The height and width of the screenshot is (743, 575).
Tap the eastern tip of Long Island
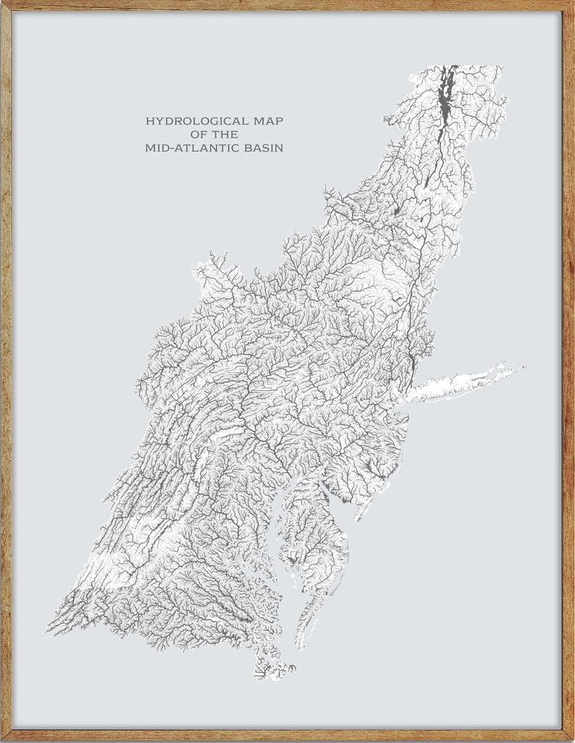pyautogui.click(x=521, y=368)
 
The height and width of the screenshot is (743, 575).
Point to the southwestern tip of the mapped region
pyautogui.click(x=49, y=629)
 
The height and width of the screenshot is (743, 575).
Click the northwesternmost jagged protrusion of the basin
pyautogui.click(x=210, y=255)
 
